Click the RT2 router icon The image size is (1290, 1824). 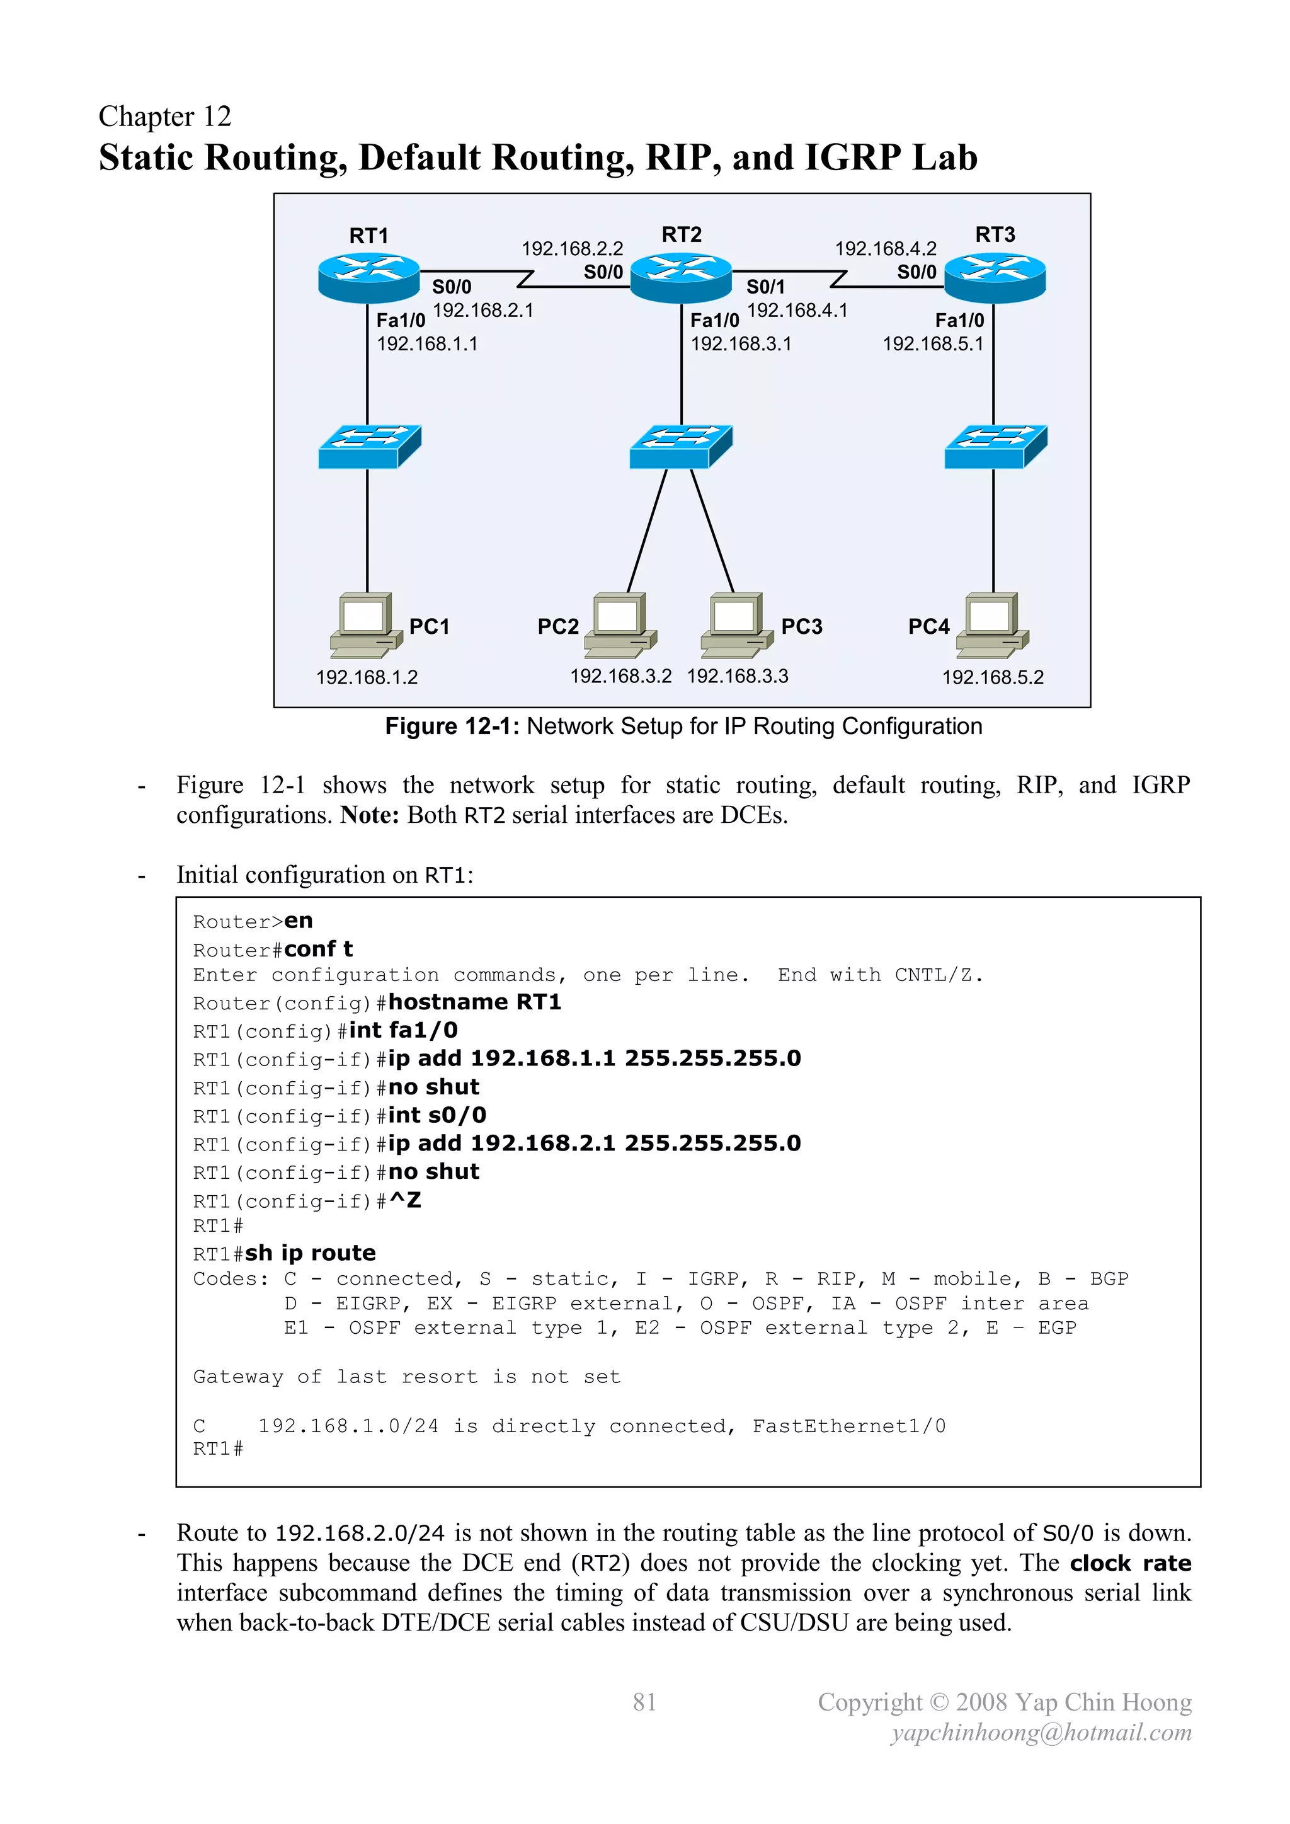pos(681,277)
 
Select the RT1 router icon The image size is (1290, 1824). pos(368,278)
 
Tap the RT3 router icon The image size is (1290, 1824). pos(995,278)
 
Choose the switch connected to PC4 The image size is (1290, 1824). pos(995,447)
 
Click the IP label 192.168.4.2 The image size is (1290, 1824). pos(885,249)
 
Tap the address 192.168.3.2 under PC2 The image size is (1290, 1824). pos(620,676)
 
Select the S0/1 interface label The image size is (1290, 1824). pos(765,287)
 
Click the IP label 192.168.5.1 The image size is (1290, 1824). pos(933,344)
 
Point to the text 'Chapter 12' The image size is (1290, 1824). pos(164,117)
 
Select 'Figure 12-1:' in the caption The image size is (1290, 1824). pos(451,726)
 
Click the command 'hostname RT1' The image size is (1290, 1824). pos(474,1002)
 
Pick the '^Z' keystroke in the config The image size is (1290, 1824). pos(405,1200)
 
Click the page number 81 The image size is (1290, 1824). pos(644,1702)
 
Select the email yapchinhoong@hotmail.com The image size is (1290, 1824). pos(1041,1733)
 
